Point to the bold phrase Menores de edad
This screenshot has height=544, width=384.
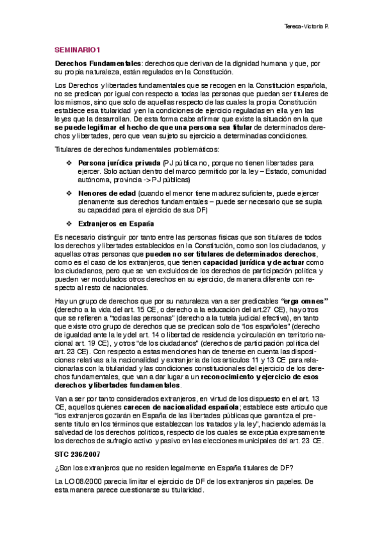point(103,192)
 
